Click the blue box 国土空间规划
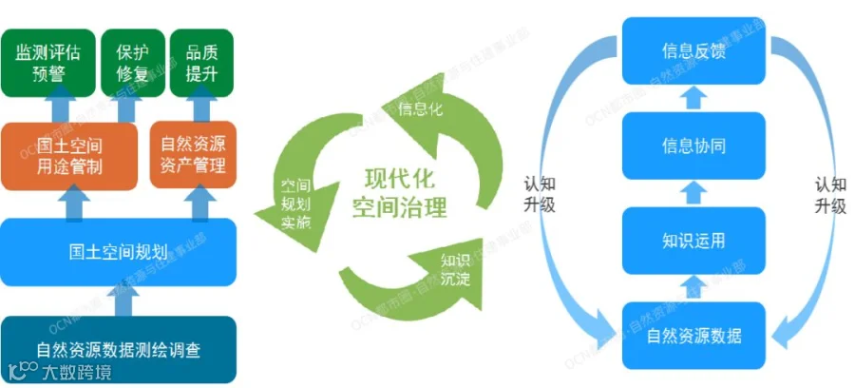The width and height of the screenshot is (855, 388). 119,252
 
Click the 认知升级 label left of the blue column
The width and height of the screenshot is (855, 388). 538,193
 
